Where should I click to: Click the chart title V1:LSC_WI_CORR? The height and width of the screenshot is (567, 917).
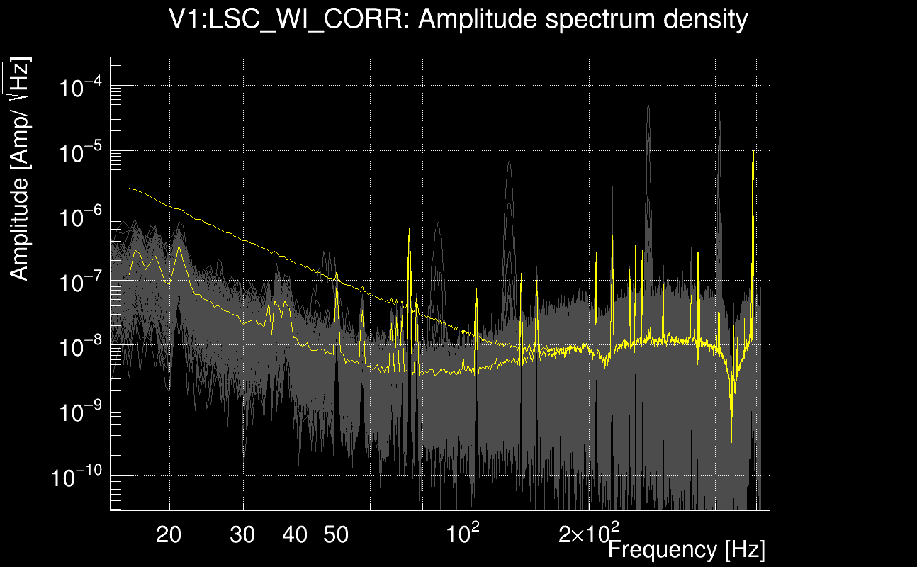(x=458, y=19)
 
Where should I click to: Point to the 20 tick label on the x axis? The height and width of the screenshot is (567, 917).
(x=169, y=534)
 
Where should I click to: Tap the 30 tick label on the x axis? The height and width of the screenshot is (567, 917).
(x=243, y=534)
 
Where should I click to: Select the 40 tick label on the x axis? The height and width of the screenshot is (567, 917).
(x=296, y=534)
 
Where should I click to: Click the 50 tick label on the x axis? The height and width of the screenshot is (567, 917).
(x=336, y=534)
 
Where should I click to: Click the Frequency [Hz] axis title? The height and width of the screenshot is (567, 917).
(x=686, y=549)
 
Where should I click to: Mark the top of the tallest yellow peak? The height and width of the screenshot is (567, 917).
(x=752, y=79)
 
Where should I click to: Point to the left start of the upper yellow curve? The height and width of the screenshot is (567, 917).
(x=130, y=188)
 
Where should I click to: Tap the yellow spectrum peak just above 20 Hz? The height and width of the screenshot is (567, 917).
(x=179, y=246)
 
